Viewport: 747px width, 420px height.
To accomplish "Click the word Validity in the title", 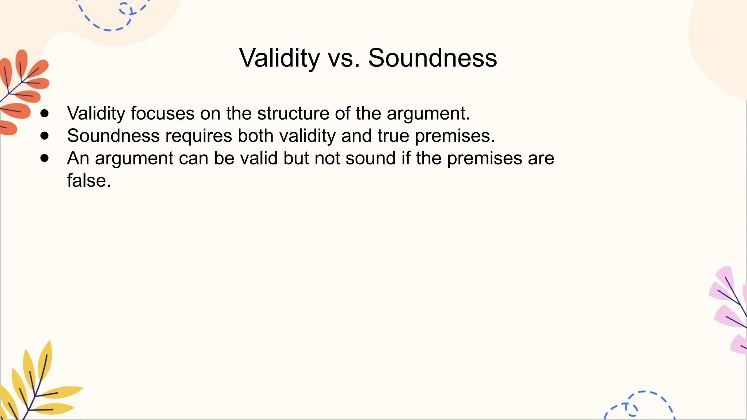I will (279, 58).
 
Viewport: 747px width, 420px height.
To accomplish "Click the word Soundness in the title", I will (432, 58).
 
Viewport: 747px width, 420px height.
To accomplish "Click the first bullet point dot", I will (44, 113).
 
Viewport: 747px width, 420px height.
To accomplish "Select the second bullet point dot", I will (44, 136).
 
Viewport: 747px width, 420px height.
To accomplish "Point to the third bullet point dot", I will (44, 158).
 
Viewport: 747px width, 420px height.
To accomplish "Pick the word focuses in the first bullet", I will (162, 113).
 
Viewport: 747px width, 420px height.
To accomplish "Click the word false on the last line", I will (89, 180).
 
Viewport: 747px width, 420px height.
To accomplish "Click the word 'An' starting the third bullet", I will (78, 159).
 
